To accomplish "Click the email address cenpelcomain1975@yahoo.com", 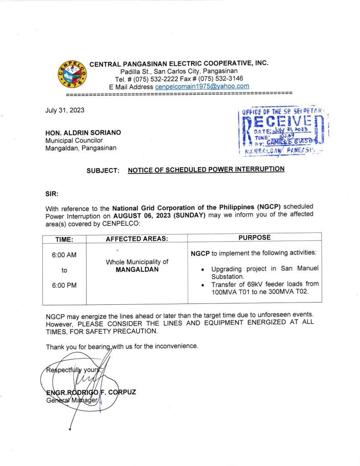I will tap(202, 86).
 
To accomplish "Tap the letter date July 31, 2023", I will tap(65, 110).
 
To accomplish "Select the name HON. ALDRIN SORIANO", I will tap(83, 133).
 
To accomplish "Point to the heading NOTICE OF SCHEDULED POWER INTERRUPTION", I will tap(206, 169).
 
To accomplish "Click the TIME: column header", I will tap(64, 239).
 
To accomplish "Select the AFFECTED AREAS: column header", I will tap(137, 239).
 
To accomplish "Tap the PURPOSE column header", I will tap(254, 237).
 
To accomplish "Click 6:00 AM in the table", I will tap(64, 255).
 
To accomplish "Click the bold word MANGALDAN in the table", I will tap(137, 270).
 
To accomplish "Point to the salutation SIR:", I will tap(52, 193).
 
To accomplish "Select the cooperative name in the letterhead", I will tap(179, 64).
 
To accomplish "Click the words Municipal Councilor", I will tap(74, 140).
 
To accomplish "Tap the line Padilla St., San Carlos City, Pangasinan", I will tap(179, 72).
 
